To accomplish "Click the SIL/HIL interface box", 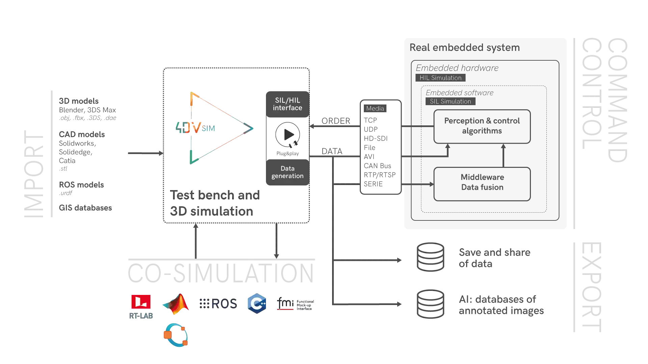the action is (288, 104).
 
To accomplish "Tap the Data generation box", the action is (288, 172).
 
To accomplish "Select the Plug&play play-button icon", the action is (288, 135).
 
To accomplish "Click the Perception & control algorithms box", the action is (482, 126).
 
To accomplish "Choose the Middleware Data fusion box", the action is (482, 184).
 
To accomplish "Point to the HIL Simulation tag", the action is (440, 78).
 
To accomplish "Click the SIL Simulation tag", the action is (450, 101).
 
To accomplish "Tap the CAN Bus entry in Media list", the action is (377, 166).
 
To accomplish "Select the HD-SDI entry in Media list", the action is (376, 139).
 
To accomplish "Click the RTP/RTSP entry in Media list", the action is (380, 175).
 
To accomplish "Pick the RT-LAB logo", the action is (141, 307).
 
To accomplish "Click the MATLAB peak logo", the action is (175, 304).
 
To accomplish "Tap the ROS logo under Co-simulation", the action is (218, 304).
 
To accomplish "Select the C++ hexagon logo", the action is (257, 303).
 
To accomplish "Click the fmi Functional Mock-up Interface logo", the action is (295, 304).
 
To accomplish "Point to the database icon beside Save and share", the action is (430, 257).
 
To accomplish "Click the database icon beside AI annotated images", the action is (430, 304).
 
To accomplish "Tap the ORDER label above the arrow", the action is (336, 121).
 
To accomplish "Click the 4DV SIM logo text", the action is (195, 128).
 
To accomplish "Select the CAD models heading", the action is (82, 134).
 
